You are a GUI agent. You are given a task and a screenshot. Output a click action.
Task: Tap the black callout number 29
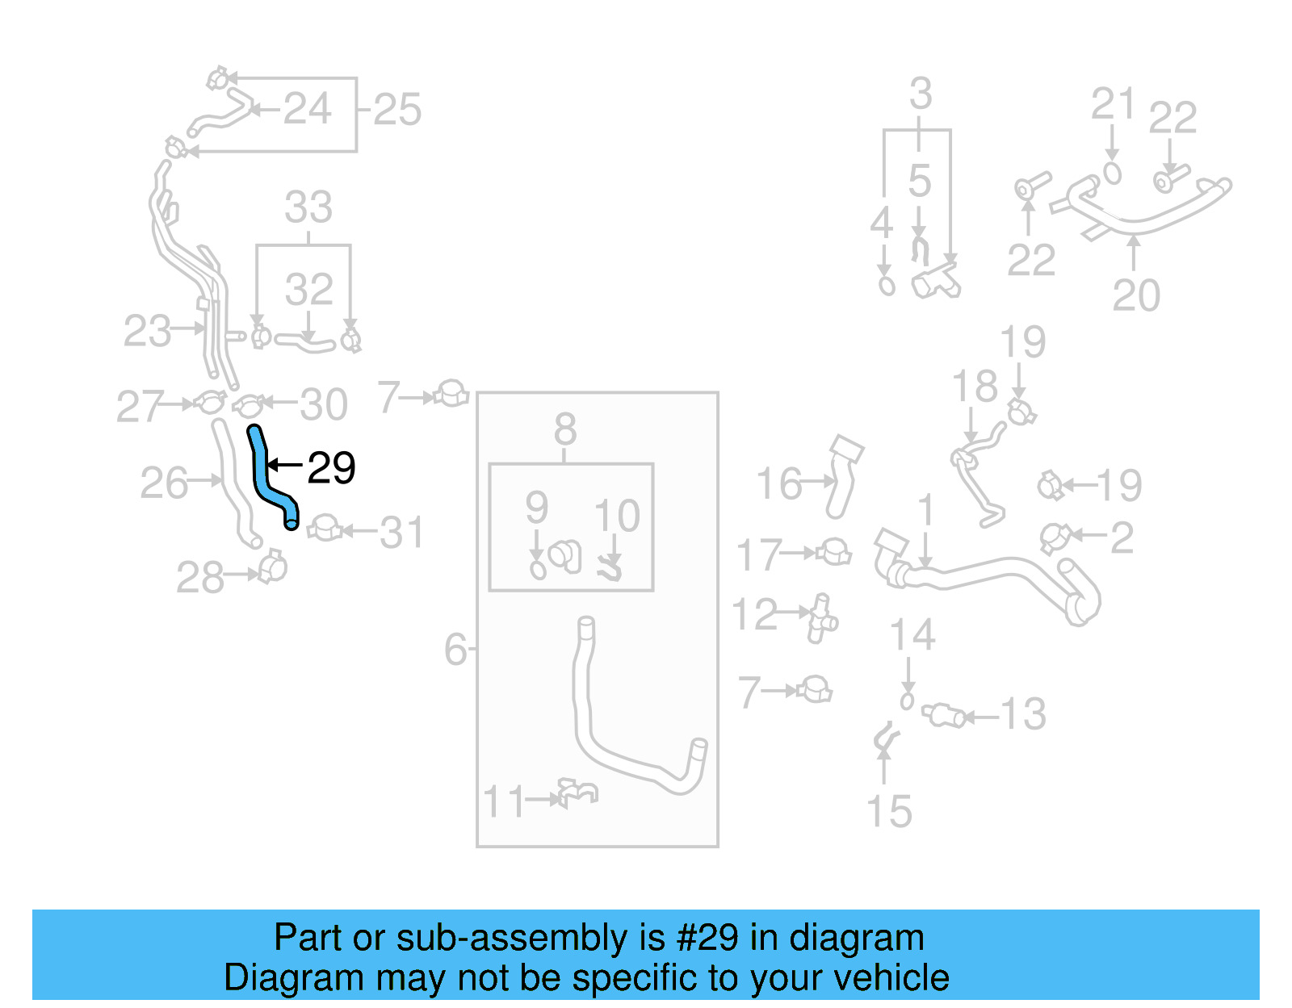click(x=332, y=468)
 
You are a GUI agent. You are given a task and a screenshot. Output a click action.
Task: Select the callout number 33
click(x=308, y=207)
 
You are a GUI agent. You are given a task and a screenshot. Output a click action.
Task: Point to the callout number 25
click(x=397, y=110)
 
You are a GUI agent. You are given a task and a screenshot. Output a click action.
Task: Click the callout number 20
click(x=1136, y=295)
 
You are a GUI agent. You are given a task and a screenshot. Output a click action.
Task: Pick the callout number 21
click(x=1114, y=104)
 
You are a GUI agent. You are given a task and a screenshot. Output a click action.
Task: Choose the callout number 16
click(x=779, y=484)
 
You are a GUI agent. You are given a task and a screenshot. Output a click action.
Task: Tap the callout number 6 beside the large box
click(x=455, y=649)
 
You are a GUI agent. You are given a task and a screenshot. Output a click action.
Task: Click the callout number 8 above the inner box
click(x=565, y=429)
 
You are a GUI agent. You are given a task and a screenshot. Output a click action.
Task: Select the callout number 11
click(x=503, y=802)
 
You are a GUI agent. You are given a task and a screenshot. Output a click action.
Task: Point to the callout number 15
click(x=888, y=812)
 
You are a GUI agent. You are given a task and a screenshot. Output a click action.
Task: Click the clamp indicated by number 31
click(x=325, y=529)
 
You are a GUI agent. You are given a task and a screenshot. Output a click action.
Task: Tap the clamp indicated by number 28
click(x=272, y=567)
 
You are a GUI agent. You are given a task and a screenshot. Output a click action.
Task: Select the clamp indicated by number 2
click(x=1054, y=537)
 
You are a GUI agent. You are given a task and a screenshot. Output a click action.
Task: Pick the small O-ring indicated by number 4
click(x=887, y=286)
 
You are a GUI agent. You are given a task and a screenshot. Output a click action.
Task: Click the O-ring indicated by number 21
click(x=1113, y=174)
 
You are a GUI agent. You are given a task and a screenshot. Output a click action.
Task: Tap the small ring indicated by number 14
click(x=907, y=701)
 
